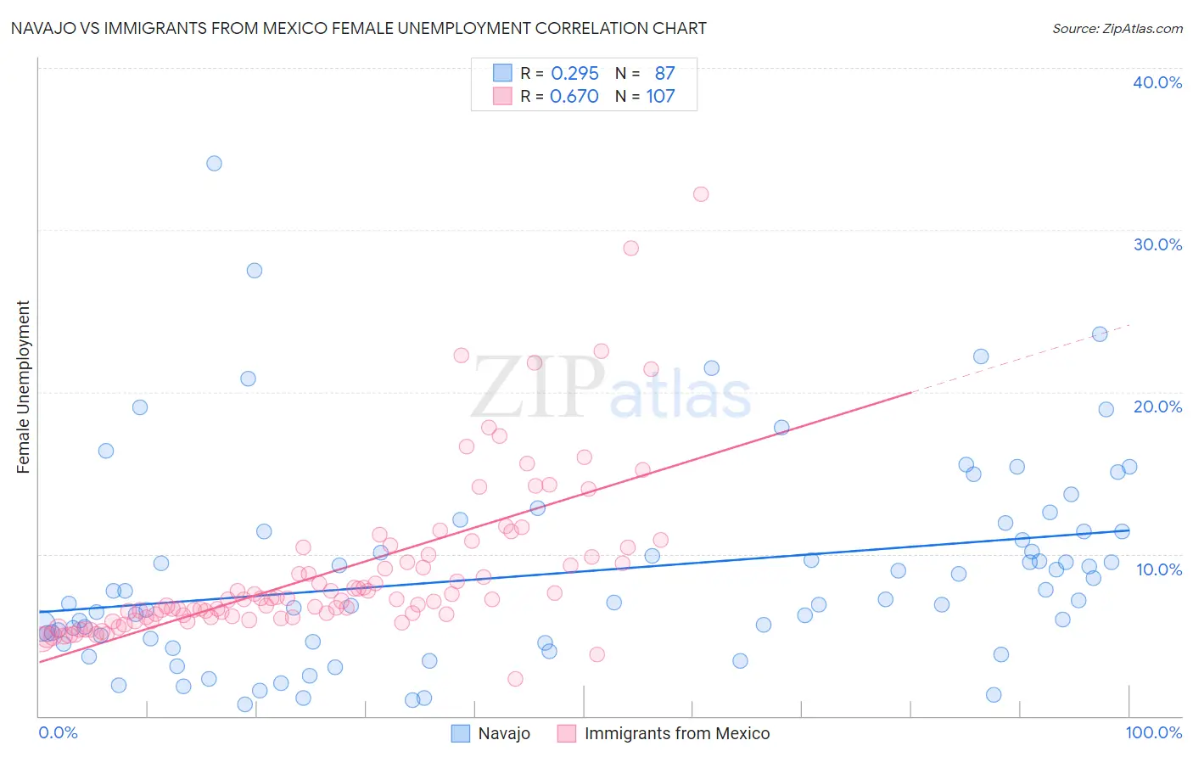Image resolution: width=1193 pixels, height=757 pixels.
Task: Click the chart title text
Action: click(x=358, y=28)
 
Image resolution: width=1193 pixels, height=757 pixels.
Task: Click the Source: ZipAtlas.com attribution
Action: click(x=1117, y=28)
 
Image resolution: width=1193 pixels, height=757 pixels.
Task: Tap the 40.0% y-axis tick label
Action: click(x=1157, y=82)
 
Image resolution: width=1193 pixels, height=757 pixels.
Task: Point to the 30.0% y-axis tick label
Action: click(x=1157, y=244)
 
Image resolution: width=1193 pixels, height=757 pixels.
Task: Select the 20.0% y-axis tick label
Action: click(x=1157, y=407)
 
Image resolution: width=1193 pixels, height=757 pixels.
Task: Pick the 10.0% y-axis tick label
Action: click(x=1159, y=569)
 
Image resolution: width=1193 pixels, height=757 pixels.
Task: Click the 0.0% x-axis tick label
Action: click(x=59, y=732)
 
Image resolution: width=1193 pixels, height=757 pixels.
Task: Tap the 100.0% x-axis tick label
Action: click(x=1153, y=732)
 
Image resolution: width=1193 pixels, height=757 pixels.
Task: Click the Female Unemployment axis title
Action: click(x=23, y=387)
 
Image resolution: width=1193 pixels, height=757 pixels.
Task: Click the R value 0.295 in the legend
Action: click(x=574, y=74)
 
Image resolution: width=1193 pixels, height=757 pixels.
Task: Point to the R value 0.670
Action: click(x=574, y=97)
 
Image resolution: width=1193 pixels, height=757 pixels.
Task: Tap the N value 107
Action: click(x=660, y=97)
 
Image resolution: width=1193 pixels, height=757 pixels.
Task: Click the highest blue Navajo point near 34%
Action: click(x=215, y=163)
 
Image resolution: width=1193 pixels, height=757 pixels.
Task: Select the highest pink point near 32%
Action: click(x=701, y=194)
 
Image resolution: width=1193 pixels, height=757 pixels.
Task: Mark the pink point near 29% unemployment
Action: click(x=630, y=249)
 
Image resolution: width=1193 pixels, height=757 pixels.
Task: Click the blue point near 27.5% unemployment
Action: click(x=255, y=271)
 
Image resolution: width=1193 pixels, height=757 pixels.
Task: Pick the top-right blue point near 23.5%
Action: click(x=1100, y=334)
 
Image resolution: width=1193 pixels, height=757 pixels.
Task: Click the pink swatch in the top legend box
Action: click(x=502, y=96)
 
